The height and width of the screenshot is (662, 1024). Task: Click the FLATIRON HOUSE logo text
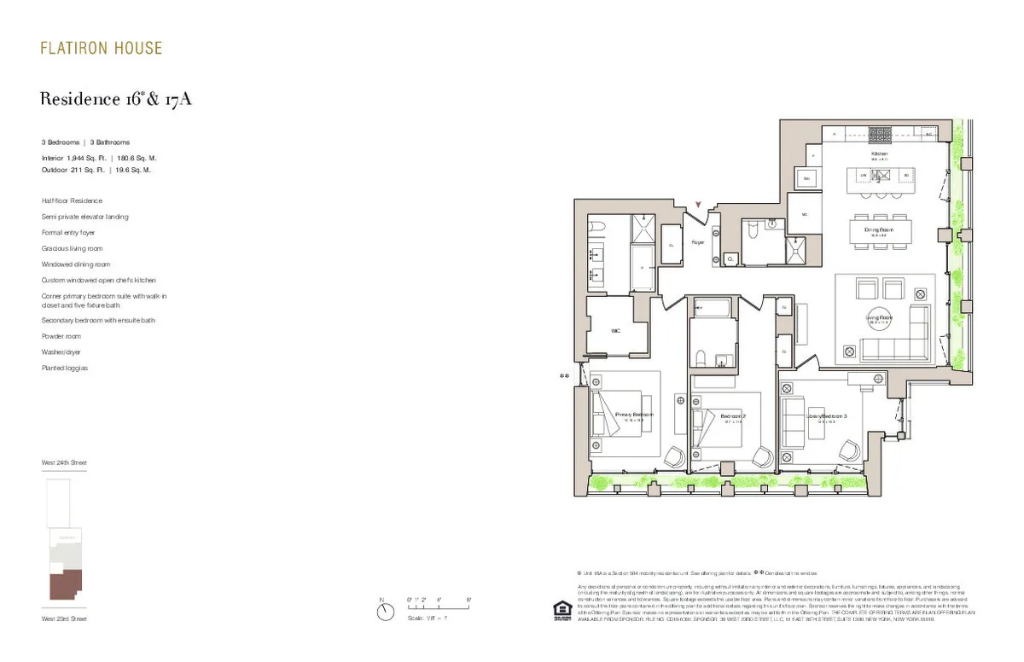tap(101, 48)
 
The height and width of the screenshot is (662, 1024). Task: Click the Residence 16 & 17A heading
tap(116, 100)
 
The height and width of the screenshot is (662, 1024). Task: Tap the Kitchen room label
tap(879, 155)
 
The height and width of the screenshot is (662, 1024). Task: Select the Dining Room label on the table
tap(880, 230)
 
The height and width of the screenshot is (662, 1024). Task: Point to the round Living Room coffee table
tap(878, 320)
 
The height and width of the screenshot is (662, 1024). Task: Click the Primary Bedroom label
tap(634, 415)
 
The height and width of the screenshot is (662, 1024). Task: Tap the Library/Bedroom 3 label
tap(826, 416)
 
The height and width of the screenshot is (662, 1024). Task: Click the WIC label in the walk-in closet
tap(614, 331)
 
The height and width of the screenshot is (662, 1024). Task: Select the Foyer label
tap(697, 242)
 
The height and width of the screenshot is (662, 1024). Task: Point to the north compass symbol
tap(386, 611)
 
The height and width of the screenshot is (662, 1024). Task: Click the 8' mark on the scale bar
tap(468, 601)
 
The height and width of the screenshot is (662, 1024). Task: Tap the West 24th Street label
tap(64, 462)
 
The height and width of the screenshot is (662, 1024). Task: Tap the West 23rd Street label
tap(64, 618)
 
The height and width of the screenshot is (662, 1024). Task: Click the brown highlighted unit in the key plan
tap(65, 587)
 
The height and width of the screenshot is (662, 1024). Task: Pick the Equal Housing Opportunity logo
tap(561, 610)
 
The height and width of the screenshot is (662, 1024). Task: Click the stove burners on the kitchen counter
tap(879, 133)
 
